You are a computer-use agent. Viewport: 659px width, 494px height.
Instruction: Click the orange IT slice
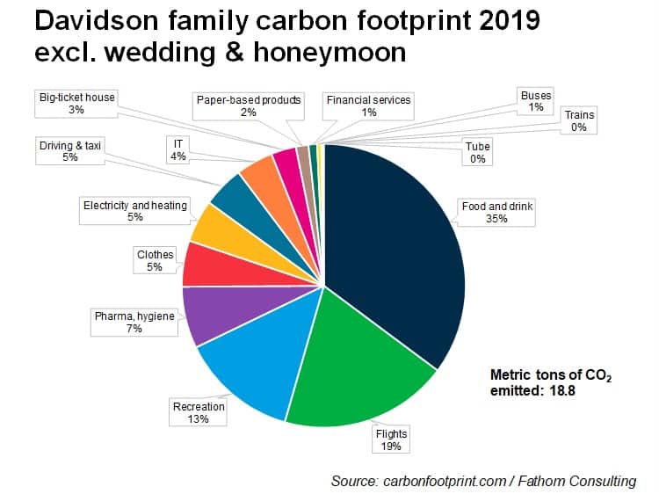click(x=269, y=185)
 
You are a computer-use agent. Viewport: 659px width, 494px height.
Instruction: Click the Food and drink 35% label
click(x=496, y=213)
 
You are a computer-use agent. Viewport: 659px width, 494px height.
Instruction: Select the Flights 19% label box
click(x=391, y=440)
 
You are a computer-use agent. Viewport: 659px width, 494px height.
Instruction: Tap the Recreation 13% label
click(x=198, y=412)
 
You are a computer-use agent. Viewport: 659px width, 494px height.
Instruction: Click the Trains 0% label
click(x=579, y=120)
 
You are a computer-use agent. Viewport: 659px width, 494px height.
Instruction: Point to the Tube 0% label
click(x=477, y=152)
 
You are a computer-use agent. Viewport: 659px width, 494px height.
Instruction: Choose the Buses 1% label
click(x=536, y=101)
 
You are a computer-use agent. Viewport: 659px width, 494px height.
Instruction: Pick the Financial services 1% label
click(x=368, y=106)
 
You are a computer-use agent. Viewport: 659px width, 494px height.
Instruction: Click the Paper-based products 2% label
click(x=249, y=106)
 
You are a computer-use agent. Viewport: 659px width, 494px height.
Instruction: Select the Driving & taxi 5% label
click(x=70, y=151)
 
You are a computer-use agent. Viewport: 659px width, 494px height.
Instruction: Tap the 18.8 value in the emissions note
click(x=562, y=390)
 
